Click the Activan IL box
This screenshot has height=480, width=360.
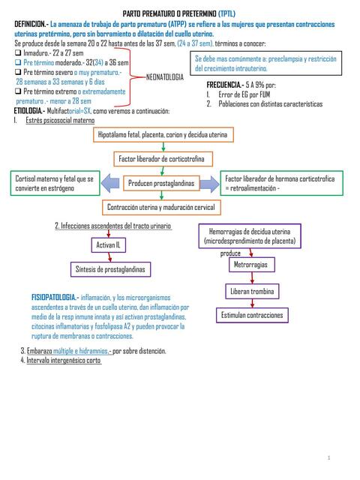(108, 244)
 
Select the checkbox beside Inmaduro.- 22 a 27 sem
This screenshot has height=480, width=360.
(18, 53)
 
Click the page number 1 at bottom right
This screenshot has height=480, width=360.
(328, 457)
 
